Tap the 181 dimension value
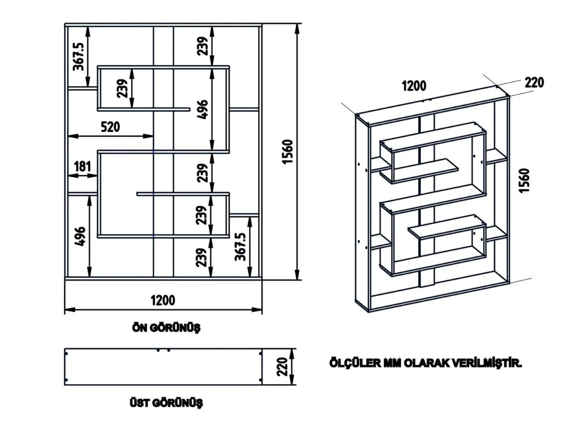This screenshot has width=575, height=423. pyautogui.click(x=82, y=166)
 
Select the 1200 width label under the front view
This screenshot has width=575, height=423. pyautogui.click(x=163, y=300)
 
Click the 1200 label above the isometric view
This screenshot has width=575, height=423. pyautogui.click(x=414, y=86)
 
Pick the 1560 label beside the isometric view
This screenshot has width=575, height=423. pyautogui.click(x=526, y=180)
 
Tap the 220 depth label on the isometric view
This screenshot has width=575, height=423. pyautogui.click(x=534, y=82)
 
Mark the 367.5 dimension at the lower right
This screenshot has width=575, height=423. pyautogui.click(x=240, y=246)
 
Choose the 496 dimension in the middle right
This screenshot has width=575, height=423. pyautogui.click(x=202, y=109)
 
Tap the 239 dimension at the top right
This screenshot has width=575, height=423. pyautogui.click(x=202, y=46)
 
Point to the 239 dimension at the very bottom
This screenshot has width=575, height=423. pyautogui.click(x=202, y=257)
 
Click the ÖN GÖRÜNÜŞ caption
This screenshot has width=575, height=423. pyautogui.click(x=166, y=328)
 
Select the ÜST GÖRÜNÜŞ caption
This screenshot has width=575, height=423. pyautogui.click(x=166, y=403)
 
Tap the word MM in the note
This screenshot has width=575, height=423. pyautogui.click(x=393, y=364)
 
